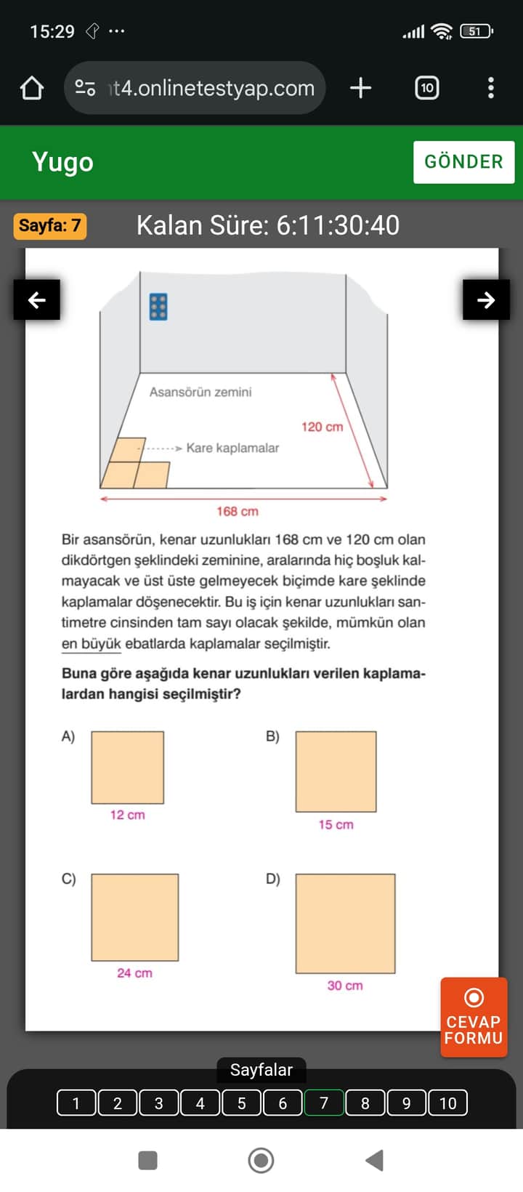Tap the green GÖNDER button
pyautogui.click(x=463, y=161)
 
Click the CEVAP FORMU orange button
pyautogui.click(x=473, y=1017)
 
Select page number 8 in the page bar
pyautogui.click(x=365, y=1103)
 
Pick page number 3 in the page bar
pyautogui.click(x=158, y=1103)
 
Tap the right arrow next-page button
pyautogui.click(x=486, y=299)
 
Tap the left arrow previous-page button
pyautogui.click(x=36, y=299)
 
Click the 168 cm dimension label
pyautogui.click(x=238, y=511)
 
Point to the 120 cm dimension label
pyautogui.click(x=322, y=427)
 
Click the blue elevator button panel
pyautogui.click(x=158, y=307)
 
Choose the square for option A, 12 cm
pyautogui.click(x=128, y=768)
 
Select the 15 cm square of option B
pyautogui.click(x=336, y=771)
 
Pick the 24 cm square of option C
pyautogui.click(x=135, y=917)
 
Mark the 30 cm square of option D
pyautogui.click(x=345, y=923)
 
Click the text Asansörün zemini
pyautogui.click(x=200, y=392)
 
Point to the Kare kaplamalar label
pyautogui.click(x=232, y=448)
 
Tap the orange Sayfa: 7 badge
pyautogui.click(x=49, y=225)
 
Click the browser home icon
pyautogui.click(x=32, y=88)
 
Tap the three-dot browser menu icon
pyautogui.click(x=491, y=88)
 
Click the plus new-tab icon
pyautogui.click(x=360, y=88)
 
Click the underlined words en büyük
pyautogui.click(x=91, y=643)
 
